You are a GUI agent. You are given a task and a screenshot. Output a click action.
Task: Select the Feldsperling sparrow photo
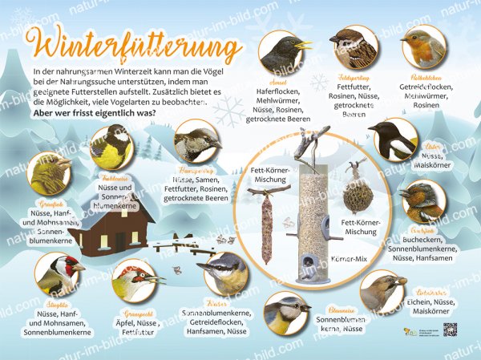click(x=353, y=47)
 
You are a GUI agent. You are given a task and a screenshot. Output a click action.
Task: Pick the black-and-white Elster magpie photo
click(x=392, y=140)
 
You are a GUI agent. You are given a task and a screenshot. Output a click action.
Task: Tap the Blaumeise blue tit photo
click(x=287, y=313)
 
